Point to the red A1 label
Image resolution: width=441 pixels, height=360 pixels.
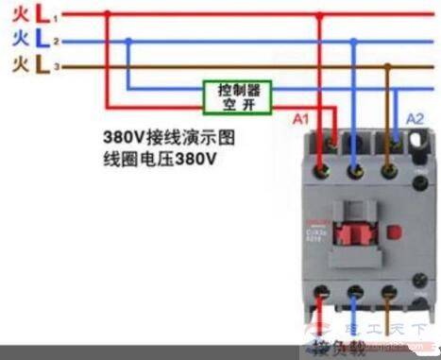[300, 120]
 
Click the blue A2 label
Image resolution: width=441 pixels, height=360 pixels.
[414, 119]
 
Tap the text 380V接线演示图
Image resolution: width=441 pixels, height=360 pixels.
[169, 138]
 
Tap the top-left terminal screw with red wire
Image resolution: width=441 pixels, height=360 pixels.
[324, 170]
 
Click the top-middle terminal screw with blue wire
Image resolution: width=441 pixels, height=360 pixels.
[355, 171]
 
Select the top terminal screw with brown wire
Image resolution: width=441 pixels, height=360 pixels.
[387, 171]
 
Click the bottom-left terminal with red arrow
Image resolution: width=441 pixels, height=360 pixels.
[324, 292]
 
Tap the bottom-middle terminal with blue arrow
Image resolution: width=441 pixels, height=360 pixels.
[355, 292]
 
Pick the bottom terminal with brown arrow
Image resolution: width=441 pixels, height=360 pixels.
[386, 292]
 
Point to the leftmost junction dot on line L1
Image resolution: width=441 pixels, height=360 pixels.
[107, 15]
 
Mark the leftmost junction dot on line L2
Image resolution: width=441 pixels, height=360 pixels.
[129, 41]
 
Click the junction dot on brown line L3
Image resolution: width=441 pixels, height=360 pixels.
[388, 66]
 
